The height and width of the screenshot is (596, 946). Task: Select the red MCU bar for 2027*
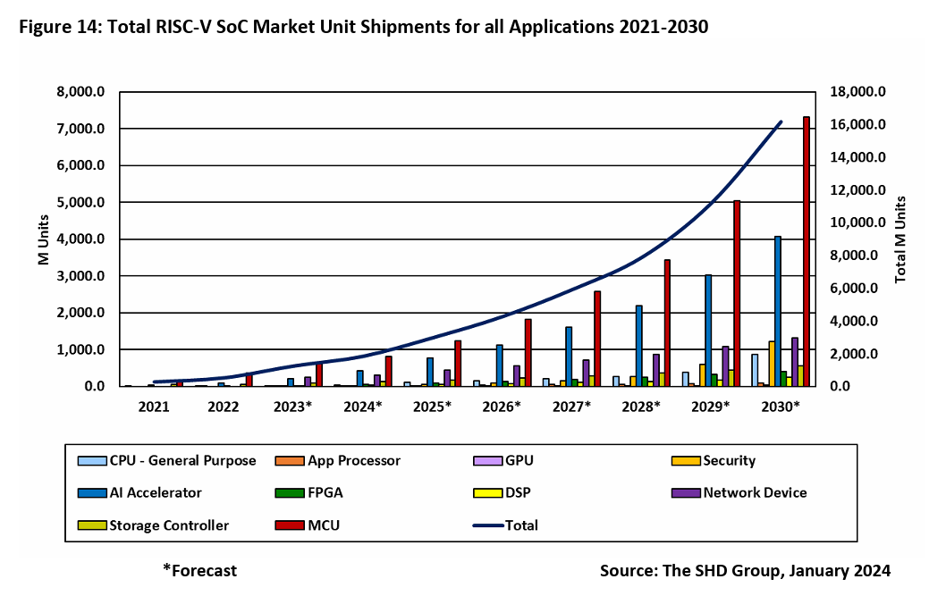596,339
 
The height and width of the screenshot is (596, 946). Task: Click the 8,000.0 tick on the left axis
81,92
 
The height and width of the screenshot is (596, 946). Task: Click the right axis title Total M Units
901,239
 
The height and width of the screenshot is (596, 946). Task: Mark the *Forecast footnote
199,570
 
